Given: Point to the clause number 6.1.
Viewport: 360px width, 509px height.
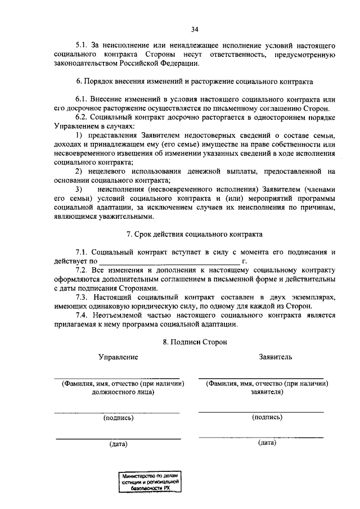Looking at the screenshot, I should coord(83,100).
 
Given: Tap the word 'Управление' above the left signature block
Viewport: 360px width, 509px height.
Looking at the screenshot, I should coord(118,357).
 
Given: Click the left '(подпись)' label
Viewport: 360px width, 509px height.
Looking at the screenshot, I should coord(118,418).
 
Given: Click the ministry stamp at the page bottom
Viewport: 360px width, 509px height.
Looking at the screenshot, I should coord(150,482).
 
